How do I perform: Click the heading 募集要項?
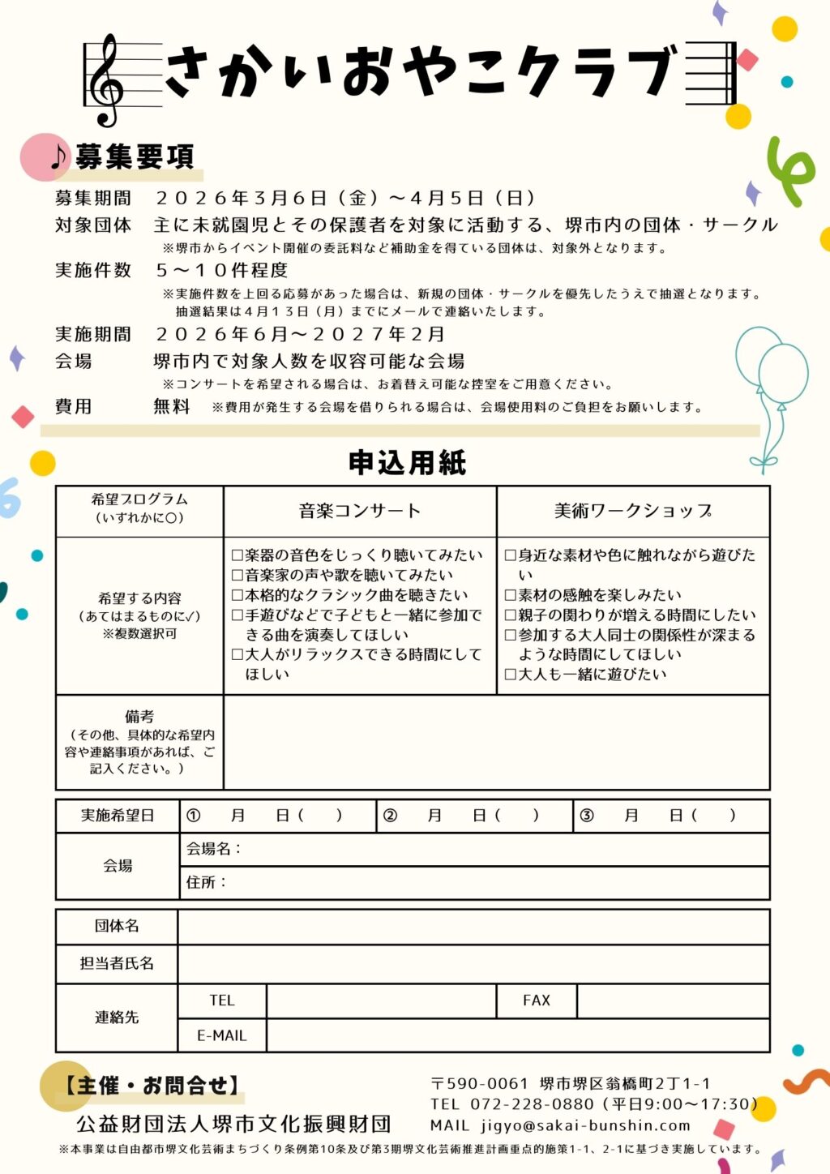click(135, 156)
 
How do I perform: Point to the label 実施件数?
click(92, 270)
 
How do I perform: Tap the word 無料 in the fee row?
click(172, 406)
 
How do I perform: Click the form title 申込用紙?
click(407, 462)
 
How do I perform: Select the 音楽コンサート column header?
click(360, 511)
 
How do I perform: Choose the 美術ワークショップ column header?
click(632, 511)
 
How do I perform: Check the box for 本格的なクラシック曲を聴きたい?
click(237, 595)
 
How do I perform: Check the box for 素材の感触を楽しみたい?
click(511, 595)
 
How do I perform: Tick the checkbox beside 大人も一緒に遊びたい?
click(511, 674)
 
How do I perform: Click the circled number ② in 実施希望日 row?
click(390, 816)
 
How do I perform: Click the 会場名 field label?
click(213, 849)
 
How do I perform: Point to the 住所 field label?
click(206, 882)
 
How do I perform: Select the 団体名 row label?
click(117, 926)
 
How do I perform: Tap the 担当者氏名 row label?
click(117, 963)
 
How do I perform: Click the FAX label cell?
click(537, 1000)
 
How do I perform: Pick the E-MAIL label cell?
click(221, 1035)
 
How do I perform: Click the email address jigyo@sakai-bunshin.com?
click(585, 1125)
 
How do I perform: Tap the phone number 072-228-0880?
click(532, 1104)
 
